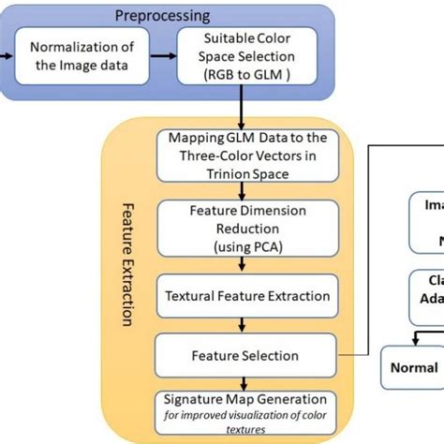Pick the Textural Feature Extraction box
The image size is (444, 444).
tap(248, 297)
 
